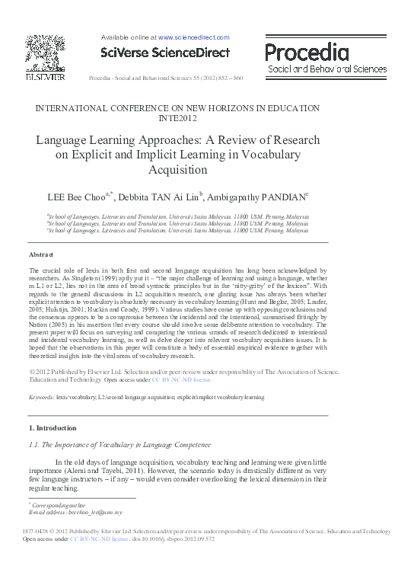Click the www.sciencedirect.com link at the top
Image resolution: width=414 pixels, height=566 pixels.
click(193, 37)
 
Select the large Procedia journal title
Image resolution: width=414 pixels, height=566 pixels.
click(307, 52)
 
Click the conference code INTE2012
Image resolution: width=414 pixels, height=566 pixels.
click(177, 119)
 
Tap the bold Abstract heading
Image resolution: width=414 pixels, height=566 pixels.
click(41, 254)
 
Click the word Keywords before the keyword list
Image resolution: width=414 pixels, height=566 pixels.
click(41, 397)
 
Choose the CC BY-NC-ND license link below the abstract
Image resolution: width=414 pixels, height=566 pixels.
click(181, 379)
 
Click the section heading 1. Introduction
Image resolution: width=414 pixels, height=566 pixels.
click(53, 428)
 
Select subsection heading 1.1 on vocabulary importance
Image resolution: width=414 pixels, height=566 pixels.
click(119, 444)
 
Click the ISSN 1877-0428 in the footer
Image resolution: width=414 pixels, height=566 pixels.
click(37, 531)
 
